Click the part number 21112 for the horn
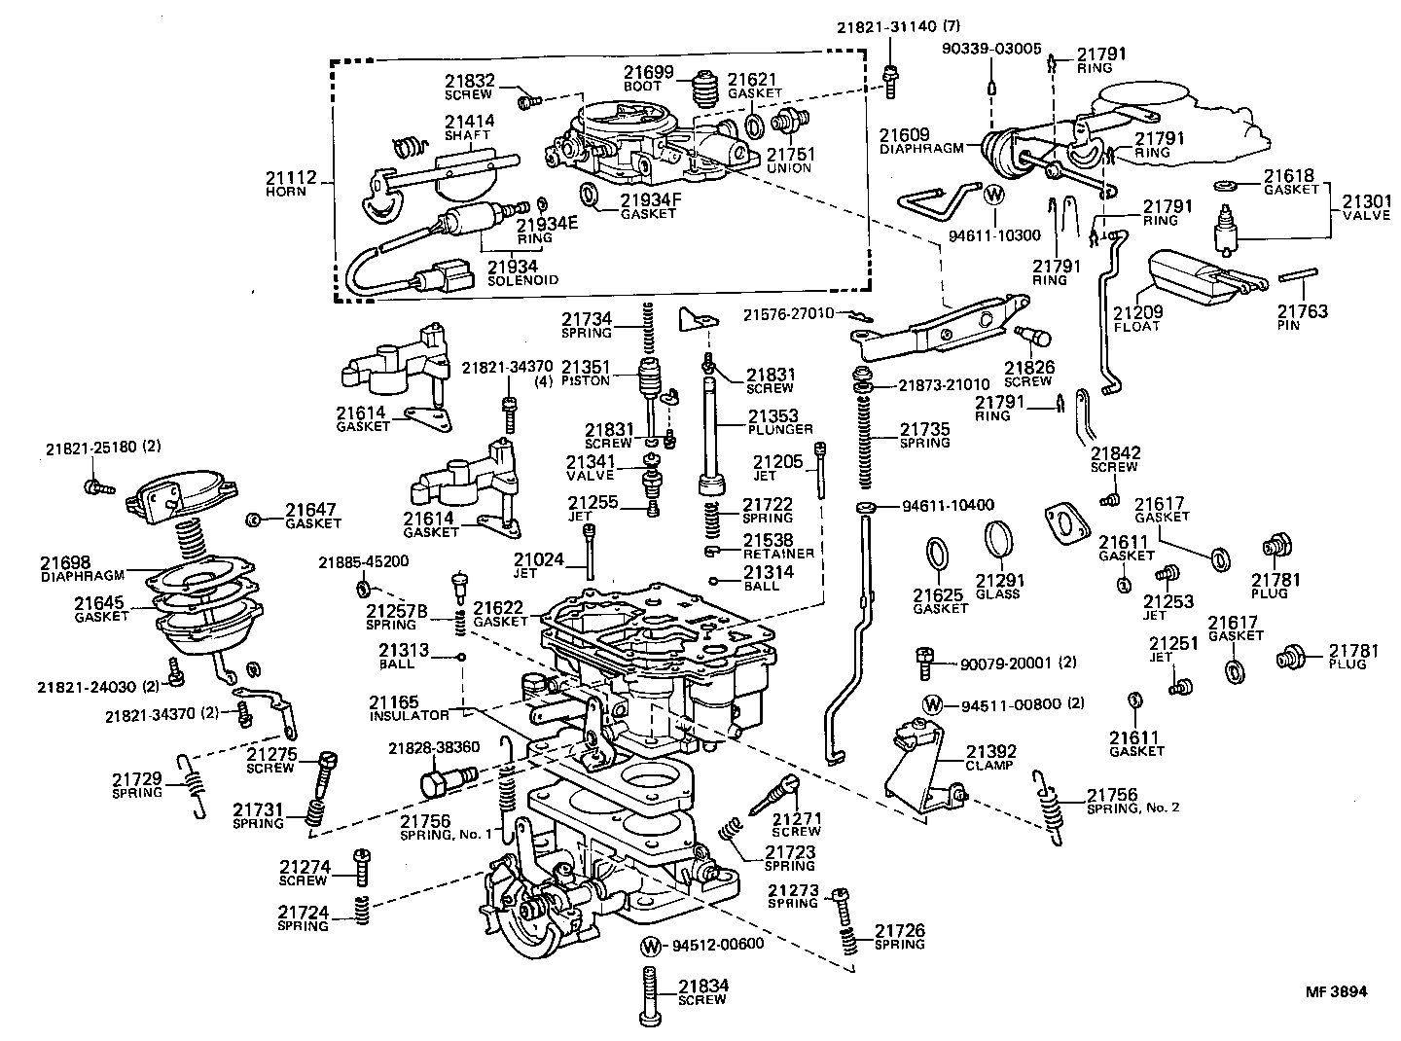coord(285,177)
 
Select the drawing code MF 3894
coord(1336,992)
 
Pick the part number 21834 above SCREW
coord(703,986)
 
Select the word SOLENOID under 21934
coord(523,280)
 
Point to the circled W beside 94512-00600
coord(651,945)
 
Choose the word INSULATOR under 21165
coord(409,715)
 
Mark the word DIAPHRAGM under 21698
coord(79,575)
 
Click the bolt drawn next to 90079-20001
coord(923,664)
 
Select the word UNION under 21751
coord(788,168)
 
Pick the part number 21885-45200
coord(363,561)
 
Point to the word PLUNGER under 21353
coord(781,429)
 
